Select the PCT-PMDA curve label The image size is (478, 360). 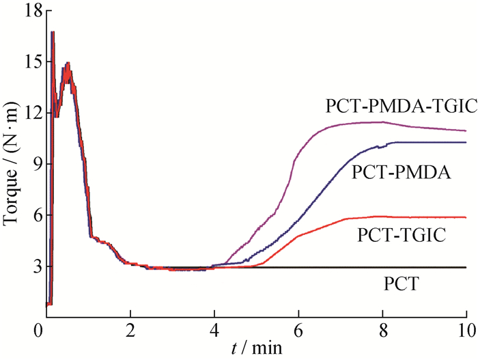coord(401,173)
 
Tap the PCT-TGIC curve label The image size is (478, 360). coord(400,236)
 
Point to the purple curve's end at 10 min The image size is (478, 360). coord(466,130)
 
